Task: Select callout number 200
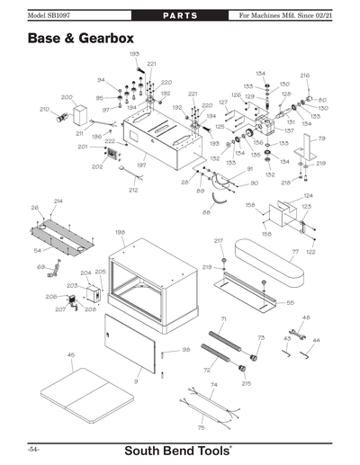pyautogui.click(x=67, y=97)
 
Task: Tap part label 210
pyautogui.click(x=44, y=110)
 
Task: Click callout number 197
pyautogui.click(x=141, y=165)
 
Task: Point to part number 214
pyautogui.click(x=58, y=201)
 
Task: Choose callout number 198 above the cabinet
pyautogui.click(x=120, y=232)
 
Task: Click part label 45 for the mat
pyautogui.click(x=70, y=355)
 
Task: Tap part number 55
pyautogui.click(x=290, y=303)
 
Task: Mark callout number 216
pyautogui.click(x=305, y=76)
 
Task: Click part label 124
pyautogui.click(x=308, y=195)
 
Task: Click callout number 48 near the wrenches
pyautogui.click(x=306, y=318)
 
